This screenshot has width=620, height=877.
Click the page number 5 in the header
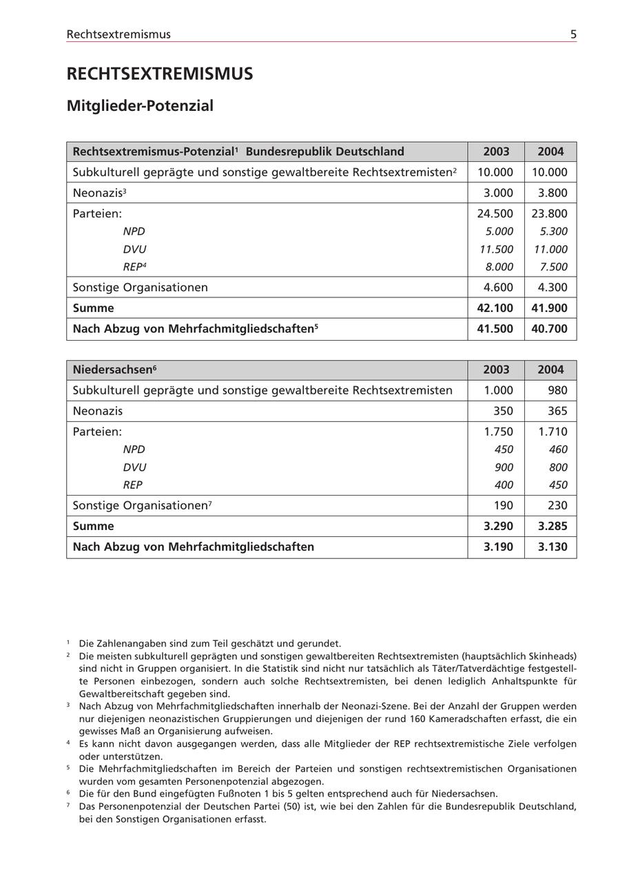point(573,34)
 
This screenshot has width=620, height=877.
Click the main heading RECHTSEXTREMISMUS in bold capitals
point(160,74)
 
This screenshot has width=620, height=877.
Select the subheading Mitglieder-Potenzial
point(140,106)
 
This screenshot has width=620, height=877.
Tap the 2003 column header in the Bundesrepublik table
point(496,151)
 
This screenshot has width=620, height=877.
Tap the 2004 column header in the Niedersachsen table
point(550,370)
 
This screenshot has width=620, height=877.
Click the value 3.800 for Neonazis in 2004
point(550,193)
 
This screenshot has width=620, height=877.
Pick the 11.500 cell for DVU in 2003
point(496,249)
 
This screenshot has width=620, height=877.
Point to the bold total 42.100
point(495,308)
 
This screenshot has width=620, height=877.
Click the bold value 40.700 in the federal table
point(550,329)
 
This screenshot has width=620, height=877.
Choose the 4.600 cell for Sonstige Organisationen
point(496,288)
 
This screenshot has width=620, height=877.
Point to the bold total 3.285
point(550,527)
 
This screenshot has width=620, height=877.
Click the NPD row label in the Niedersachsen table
point(134,450)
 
